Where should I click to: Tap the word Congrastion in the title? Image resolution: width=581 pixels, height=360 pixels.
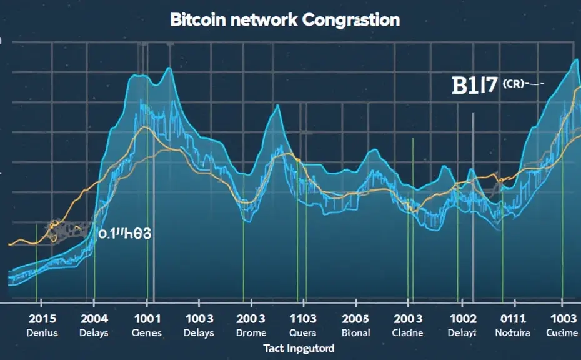click(351, 20)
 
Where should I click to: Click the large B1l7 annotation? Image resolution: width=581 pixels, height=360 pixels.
click(473, 86)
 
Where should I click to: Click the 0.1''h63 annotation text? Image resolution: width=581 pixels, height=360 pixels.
click(126, 234)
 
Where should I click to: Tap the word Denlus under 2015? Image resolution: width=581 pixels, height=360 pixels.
click(42, 333)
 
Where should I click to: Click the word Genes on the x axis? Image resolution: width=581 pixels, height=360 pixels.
click(146, 333)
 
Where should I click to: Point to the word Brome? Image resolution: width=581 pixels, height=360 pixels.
click(251, 333)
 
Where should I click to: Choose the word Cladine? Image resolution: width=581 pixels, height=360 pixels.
click(408, 333)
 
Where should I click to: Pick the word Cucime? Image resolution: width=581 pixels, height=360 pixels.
click(562, 333)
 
